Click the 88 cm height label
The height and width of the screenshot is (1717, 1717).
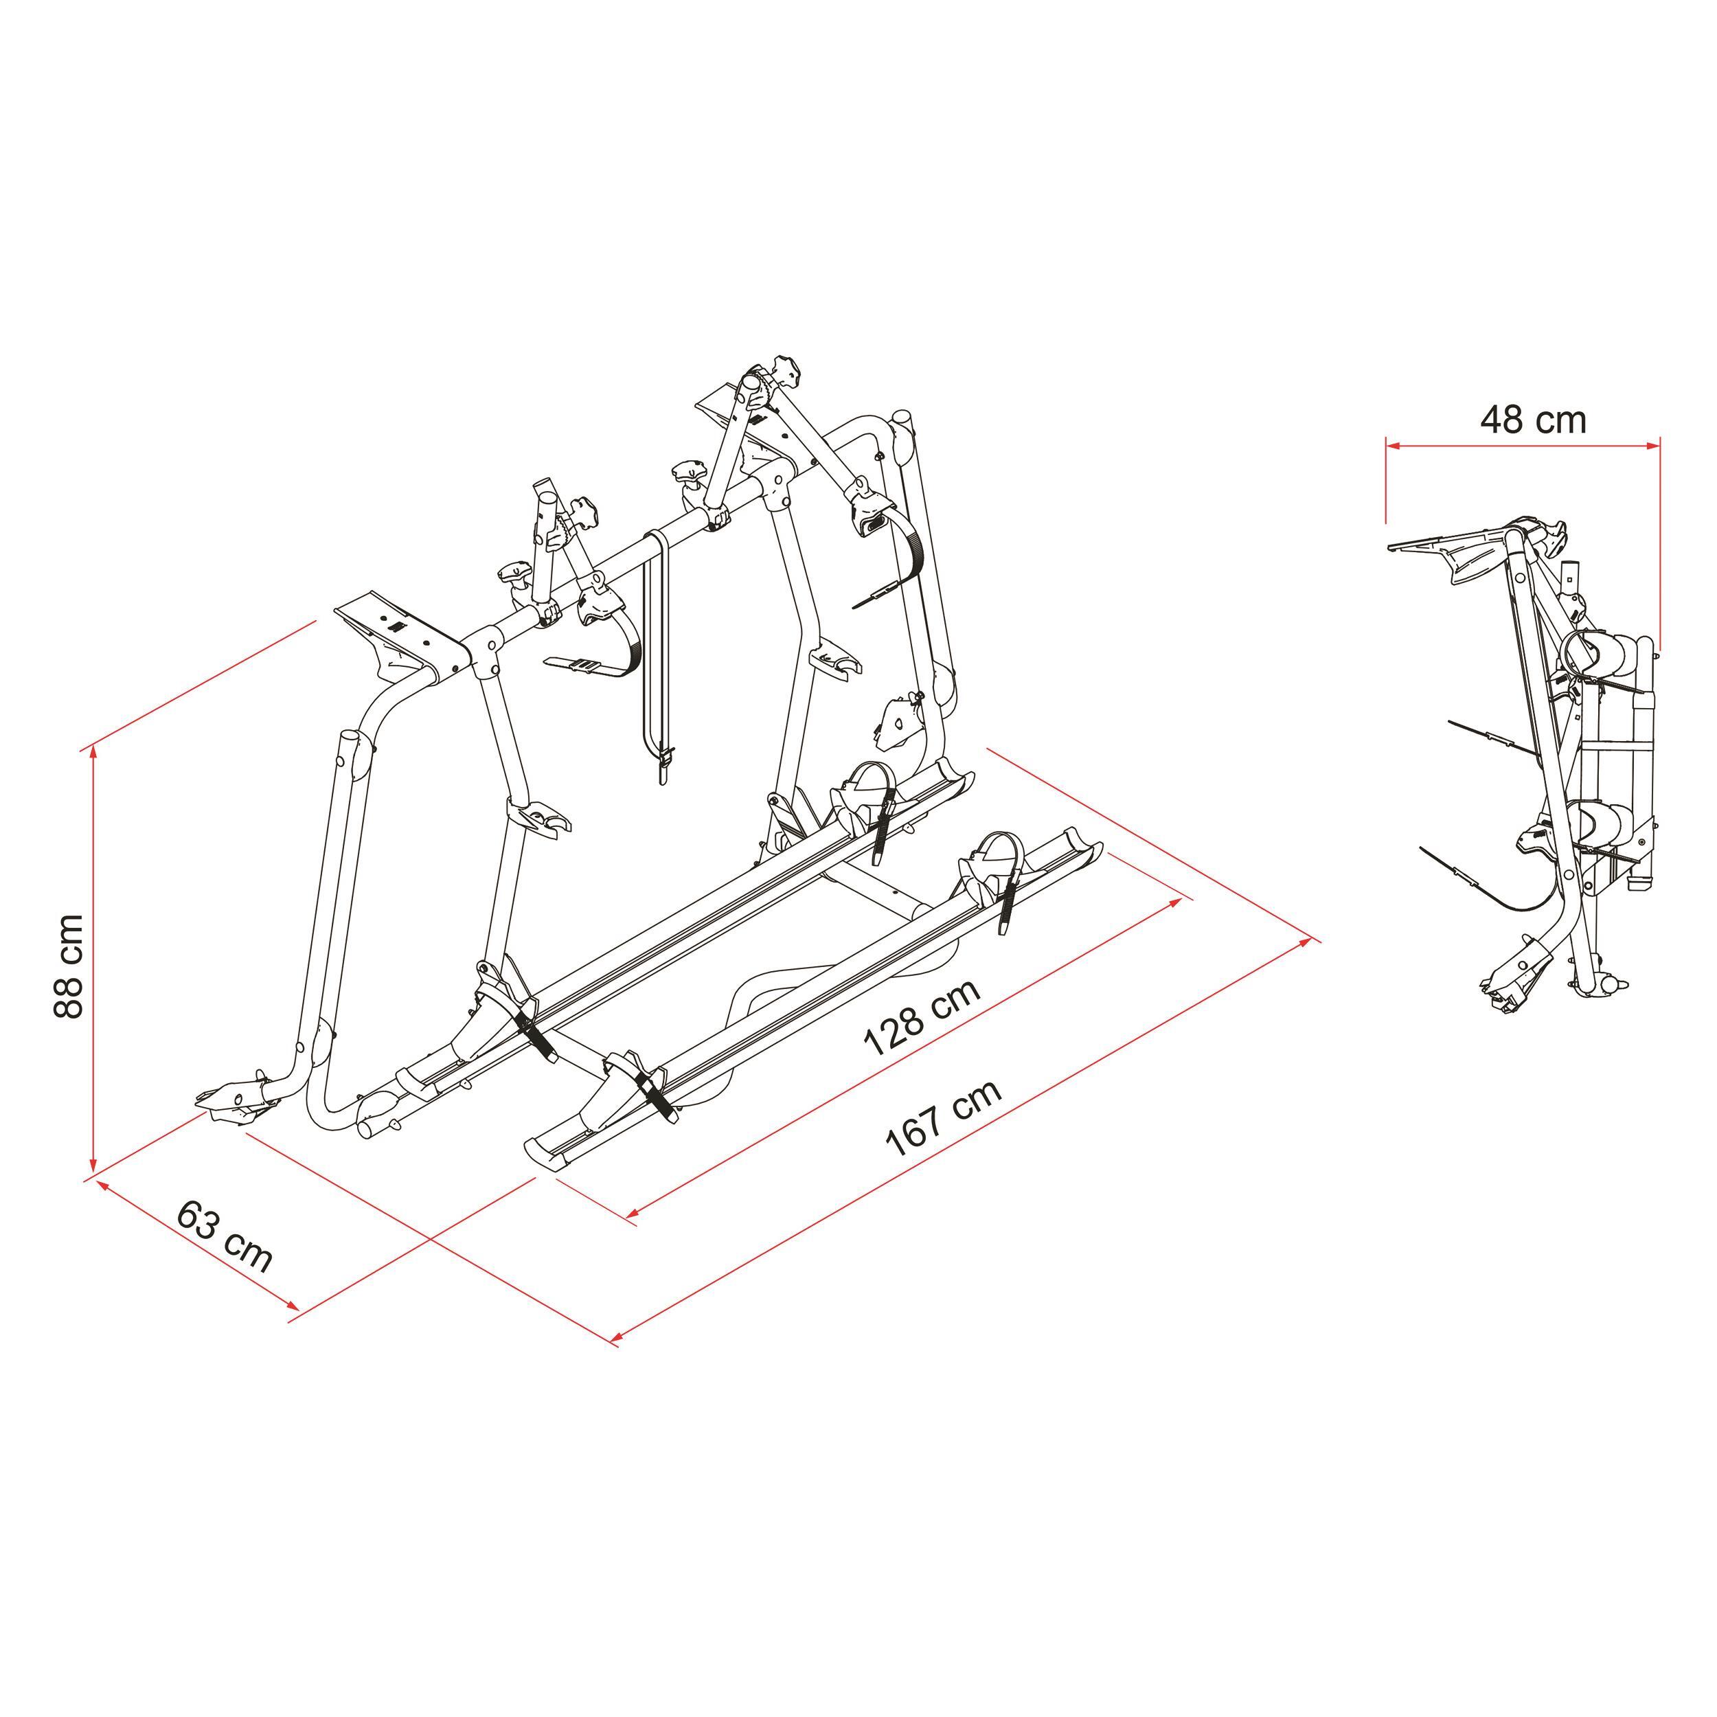[69, 965]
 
